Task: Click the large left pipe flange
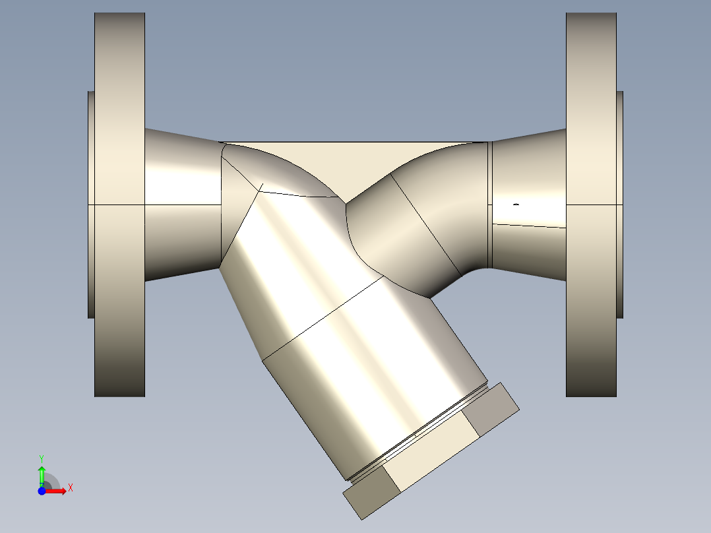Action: pyautogui.click(x=119, y=204)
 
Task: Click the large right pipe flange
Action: pyautogui.click(x=591, y=204)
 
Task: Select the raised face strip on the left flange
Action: pyautogui.click(x=91, y=204)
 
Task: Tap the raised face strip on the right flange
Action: pyautogui.click(x=620, y=204)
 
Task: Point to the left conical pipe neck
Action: pyautogui.click(x=181, y=204)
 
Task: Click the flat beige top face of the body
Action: pyautogui.click(x=356, y=162)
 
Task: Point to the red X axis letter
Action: pyautogui.click(x=70, y=488)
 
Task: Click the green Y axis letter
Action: pyautogui.click(x=41, y=457)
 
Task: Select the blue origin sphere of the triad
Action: pyautogui.click(x=42, y=491)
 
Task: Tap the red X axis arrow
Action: pyautogui.click(x=58, y=491)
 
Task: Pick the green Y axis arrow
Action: pyautogui.click(x=41, y=474)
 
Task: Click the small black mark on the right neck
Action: pyautogui.click(x=516, y=204)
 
